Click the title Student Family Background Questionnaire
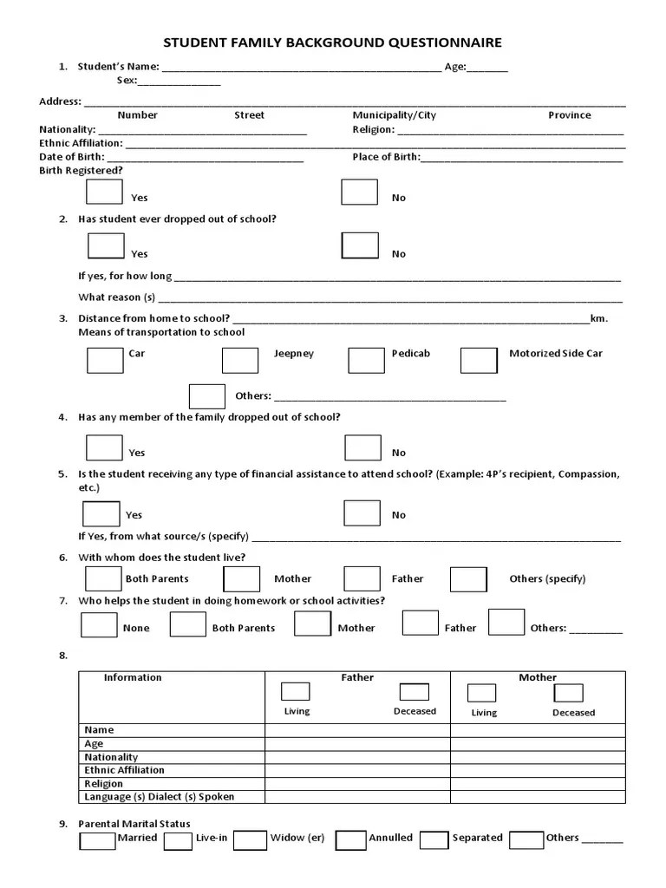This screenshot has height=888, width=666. (333, 42)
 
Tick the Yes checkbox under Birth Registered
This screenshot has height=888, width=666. (106, 192)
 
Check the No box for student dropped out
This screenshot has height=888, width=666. (360, 245)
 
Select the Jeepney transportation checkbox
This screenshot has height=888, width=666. (240, 360)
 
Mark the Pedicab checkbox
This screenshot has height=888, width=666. (366, 360)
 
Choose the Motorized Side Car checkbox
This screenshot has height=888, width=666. (479, 360)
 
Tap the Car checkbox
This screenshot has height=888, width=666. (105, 360)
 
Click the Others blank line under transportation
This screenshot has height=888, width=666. (389, 396)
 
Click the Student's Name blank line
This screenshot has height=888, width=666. (301, 67)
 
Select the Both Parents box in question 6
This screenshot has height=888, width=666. (103, 578)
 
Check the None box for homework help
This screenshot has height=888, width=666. (99, 624)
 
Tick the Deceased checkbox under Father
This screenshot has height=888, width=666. (414, 692)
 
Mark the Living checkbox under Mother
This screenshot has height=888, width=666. (481, 693)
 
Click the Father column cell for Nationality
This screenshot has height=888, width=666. (357, 757)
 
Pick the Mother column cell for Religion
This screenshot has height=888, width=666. (538, 783)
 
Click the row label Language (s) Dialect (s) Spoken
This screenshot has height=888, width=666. (160, 796)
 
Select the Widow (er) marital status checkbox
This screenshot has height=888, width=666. (250, 840)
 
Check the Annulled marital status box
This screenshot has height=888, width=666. (350, 840)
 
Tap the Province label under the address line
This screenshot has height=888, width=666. (569, 115)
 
